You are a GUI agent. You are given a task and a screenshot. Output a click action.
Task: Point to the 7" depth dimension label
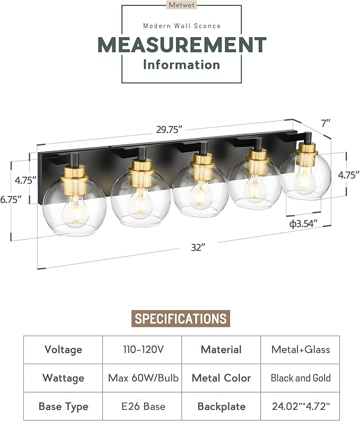(326, 122)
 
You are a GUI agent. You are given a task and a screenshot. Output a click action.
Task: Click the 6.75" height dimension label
(11, 199)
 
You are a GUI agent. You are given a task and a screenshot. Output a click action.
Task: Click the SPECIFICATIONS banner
(180, 318)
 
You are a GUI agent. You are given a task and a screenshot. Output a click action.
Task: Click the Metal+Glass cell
(300, 349)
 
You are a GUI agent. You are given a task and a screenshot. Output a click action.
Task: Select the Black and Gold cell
(300, 378)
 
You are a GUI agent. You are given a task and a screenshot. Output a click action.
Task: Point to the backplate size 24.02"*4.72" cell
(300, 407)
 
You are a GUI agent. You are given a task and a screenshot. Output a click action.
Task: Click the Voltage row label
(63, 349)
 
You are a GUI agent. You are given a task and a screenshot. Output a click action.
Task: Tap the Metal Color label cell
(221, 378)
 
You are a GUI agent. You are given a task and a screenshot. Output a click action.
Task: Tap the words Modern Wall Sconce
(181, 25)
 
